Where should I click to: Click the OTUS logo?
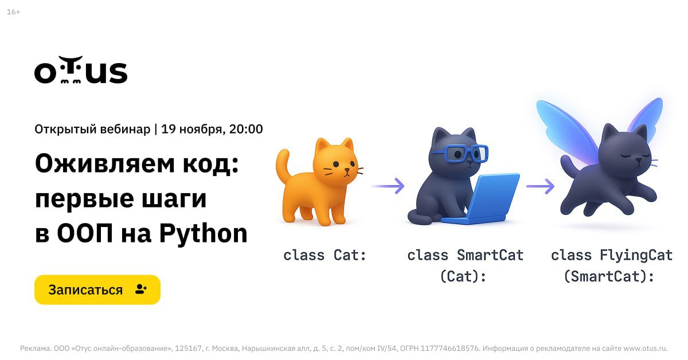click(81, 70)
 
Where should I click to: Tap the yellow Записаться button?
click(97, 289)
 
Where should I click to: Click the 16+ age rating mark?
click(14, 12)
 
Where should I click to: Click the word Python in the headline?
click(204, 234)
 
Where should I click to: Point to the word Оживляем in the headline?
click(105, 164)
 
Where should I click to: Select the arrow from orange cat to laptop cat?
click(388, 186)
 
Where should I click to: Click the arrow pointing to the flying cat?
click(540, 186)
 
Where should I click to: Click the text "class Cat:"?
click(325, 255)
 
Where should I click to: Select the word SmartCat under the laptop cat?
click(490, 255)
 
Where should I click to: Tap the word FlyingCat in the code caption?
click(636, 256)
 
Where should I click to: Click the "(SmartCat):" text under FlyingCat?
click(609, 276)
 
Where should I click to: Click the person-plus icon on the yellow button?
click(141, 289)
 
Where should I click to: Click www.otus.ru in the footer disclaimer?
click(646, 349)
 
